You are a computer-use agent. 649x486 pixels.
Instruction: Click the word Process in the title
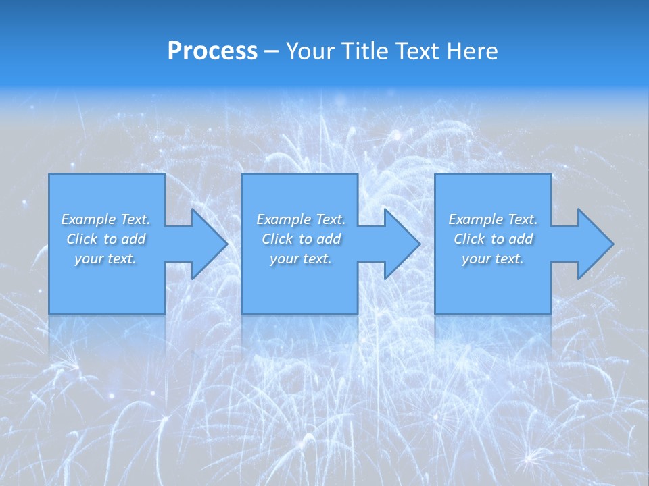click(212, 51)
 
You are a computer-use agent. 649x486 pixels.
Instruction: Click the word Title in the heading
click(364, 51)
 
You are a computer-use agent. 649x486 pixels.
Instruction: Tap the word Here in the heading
click(471, 51)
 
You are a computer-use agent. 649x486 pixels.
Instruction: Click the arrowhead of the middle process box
click(401, 244)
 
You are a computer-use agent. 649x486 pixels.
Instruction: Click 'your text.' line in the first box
click(105, 259)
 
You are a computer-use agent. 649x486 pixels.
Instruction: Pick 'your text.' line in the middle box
click(301, 259)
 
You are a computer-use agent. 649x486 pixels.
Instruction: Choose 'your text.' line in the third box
click(493, 259)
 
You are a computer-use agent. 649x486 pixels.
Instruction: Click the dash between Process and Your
click(270, 52)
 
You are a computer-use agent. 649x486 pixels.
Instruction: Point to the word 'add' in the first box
click(134, 239)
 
